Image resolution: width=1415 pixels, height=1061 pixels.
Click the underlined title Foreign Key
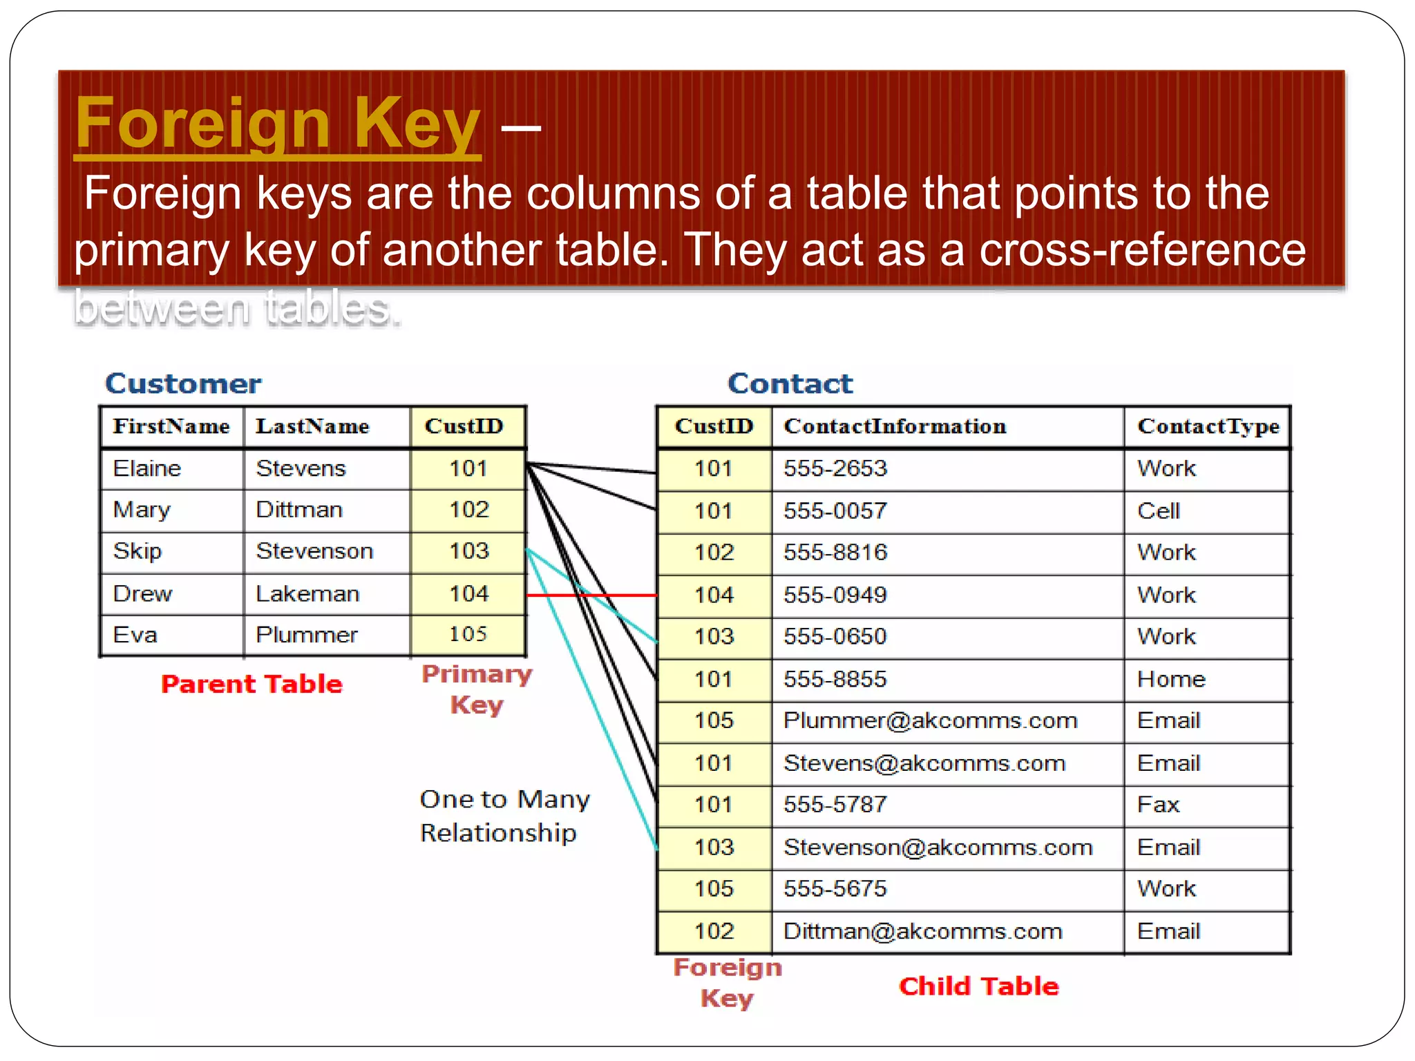click(x=277, y=124)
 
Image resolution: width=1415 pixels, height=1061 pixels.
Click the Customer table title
click(x=183, y=383)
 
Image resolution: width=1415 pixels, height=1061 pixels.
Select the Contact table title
click(x=790, y=383)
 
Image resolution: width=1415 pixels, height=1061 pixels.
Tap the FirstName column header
click(x=171, y=426)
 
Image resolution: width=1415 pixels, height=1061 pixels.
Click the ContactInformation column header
click(x=895, y=426)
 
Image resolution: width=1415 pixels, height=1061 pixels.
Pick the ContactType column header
click(x=1208, y=426)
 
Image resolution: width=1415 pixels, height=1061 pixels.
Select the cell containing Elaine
click(x=147, y=468)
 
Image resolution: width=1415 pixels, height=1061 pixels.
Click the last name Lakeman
click(x=307, y=593)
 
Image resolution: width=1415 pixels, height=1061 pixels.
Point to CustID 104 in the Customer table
click(x=468, y=593)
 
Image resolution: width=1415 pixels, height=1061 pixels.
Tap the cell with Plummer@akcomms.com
click(x=930, y=720)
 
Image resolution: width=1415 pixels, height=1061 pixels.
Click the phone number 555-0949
click(x=835, y=595)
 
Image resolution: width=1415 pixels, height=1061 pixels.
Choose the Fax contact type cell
click(x=1158, y=805)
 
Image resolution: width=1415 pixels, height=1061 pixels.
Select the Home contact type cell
click(x=1171, y=679)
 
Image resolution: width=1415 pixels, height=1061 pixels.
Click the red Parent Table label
click(x=251, y=684)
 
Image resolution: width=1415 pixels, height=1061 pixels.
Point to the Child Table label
click(x=978, y=986)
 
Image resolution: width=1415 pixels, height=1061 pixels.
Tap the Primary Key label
click(x=477, y=689)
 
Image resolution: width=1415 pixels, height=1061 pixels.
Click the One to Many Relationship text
click(x=504, y=816)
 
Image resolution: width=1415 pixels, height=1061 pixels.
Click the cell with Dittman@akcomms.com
click(x=922, y=931)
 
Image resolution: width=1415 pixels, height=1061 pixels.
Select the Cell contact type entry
click(x=1158, y=511)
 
